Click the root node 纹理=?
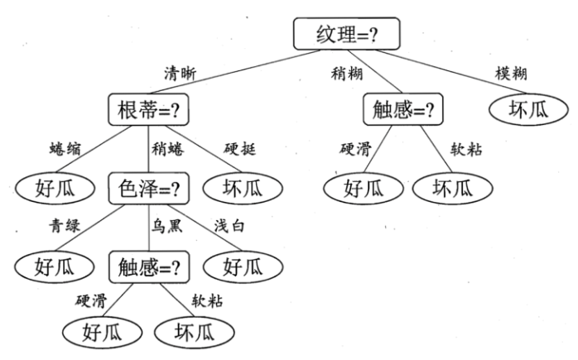(347, 34)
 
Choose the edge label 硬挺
(239, 149)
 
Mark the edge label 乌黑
(165, 227)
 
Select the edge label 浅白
(231, 227)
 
